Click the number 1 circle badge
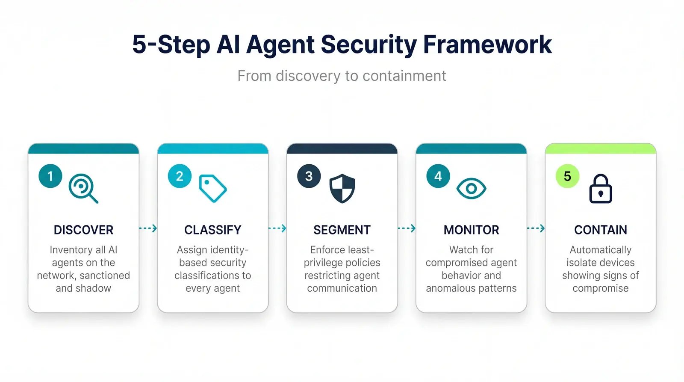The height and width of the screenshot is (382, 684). click(x=50, y=176)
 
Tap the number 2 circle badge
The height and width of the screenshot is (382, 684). click(x=180, y=176)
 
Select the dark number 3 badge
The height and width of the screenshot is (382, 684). click(x=309, y=176)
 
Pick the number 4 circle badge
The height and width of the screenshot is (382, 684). click(x=438, y=176)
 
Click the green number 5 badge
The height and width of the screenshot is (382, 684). click(x=567, y=176)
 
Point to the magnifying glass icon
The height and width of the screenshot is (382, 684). click(x=83, y=188)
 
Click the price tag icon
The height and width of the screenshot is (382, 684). click(x=212, y=188)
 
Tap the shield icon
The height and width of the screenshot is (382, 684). click(x=342, y=188)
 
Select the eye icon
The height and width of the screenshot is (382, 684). click(x=471, y=189)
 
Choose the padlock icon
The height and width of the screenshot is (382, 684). click(x=601, y=189)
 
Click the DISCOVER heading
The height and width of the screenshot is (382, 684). click(x=83, y=230)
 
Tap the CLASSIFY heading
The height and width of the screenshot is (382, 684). click(x=212, y=230)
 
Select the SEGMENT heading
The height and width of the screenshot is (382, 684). click(x=342, y=230)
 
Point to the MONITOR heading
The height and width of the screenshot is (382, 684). click(x=471, y=230)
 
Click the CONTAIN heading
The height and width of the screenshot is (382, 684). click(x=601, y=230)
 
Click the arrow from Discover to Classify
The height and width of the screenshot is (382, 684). click(x=148, y=228)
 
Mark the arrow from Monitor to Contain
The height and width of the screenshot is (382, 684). click(x=536, y=228)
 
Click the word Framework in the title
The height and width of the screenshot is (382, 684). click(x=487, y=44)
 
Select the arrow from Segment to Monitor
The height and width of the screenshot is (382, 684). click(x=407, y=228)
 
